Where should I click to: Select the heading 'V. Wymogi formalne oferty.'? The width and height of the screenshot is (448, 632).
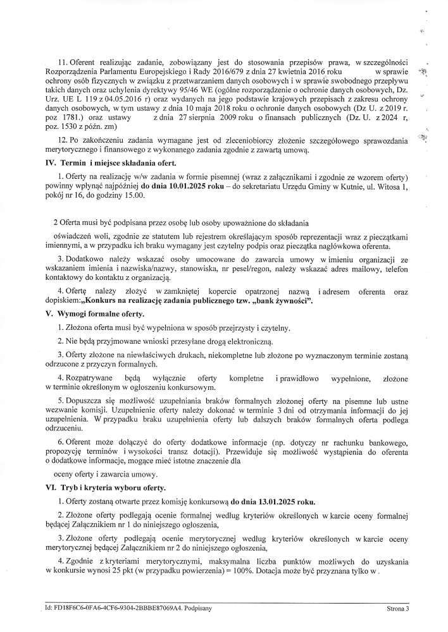pyautogui.click(x=91, y=314)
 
